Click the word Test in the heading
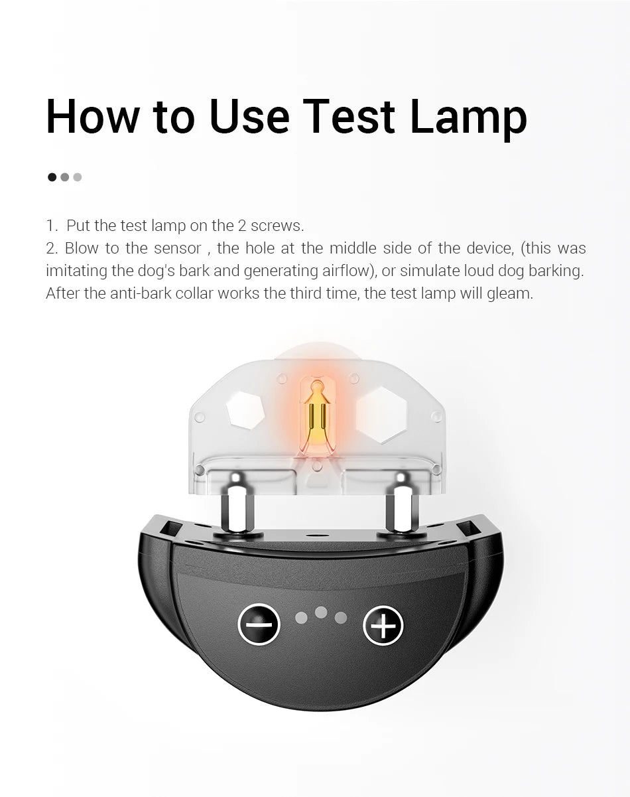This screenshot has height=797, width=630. coord(349,115)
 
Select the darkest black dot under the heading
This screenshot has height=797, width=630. coord(52,177)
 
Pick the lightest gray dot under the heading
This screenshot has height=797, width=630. coord(78,177)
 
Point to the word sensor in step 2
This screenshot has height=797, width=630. coord(177,248)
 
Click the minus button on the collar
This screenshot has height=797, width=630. coord(259,625)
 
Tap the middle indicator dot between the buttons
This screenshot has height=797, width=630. coord(321,613)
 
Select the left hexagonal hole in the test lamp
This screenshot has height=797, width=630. coord(245,410)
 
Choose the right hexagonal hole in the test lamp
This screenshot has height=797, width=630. coord(381,415)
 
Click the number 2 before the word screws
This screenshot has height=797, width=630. coord(242,226)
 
